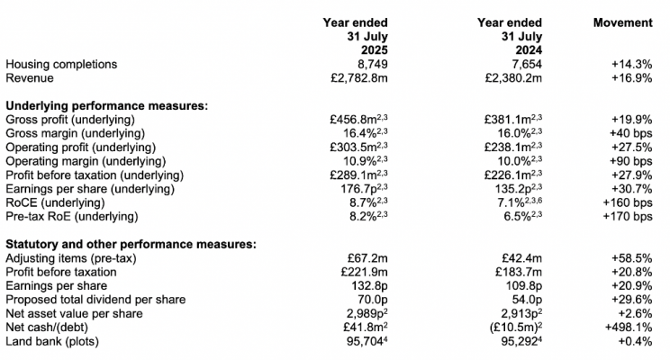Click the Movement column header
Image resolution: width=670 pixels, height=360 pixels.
[622, 22]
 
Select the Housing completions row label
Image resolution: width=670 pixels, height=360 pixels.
[62, 65]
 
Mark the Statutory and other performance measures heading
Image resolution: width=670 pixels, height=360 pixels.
[131, 244]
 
